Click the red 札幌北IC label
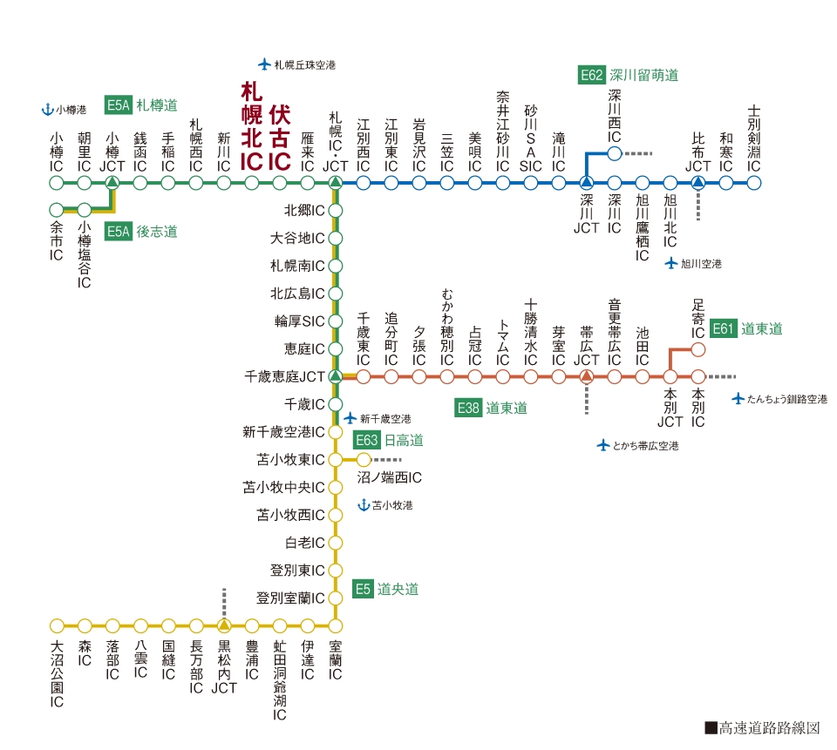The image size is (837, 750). coord(251,126)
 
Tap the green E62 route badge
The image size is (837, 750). coord(591,75)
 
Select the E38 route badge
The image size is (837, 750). coord(468,408)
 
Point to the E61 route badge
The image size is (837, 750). coord(724,328)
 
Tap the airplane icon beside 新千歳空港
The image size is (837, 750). coord(350,418)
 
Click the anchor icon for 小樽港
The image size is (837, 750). coord(47,110)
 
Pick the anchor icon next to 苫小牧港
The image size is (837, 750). coord(364,504)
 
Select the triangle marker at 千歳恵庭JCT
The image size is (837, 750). coord(335,376)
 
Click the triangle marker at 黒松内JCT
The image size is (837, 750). coord(224,625)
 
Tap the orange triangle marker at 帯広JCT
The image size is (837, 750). coord(587,376)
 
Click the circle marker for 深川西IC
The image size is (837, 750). coord(615,153)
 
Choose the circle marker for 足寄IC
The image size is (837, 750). coord(698,349)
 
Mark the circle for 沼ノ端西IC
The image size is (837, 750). coord(364,459)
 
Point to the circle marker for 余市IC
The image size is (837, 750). coord(56,209)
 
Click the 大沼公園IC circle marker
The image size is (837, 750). coord(57,625)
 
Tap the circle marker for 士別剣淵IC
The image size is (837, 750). coord(753,183)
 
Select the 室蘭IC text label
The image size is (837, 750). coord(335,660)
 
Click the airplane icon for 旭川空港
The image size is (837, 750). coord(671,264)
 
